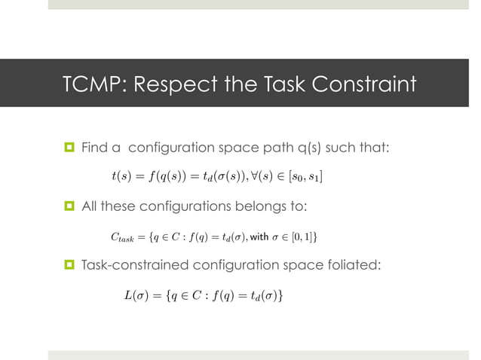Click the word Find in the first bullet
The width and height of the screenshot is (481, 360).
click(x=94, y=147)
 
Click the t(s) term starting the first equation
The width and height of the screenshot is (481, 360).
click(x=119, y=177)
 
